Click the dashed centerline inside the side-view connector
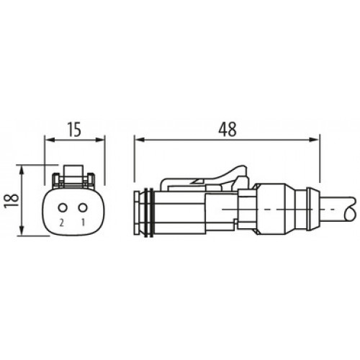coord(216,210)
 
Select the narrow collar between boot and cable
coord(312,210)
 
